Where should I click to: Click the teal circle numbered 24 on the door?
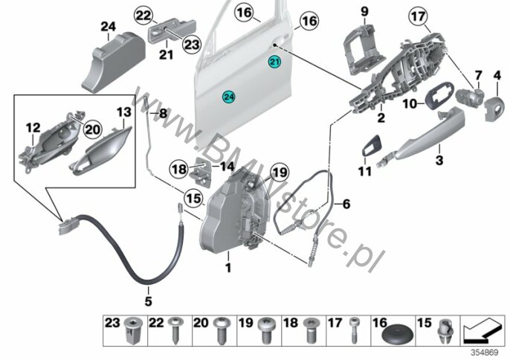(x=229, y=97)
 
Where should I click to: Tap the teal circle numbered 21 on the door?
(x=274, y=62)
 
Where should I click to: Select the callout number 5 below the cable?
(x=149, y=301)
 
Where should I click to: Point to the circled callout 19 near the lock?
(x=280, y=172)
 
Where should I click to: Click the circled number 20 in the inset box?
(x=92, y=129)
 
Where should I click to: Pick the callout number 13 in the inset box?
(x=124, y=112)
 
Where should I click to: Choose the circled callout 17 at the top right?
(x=419, y=16)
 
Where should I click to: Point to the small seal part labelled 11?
(x=371, y=146)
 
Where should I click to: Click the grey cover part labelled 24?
(x=113, y=62)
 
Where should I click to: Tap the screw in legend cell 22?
(x=175, y=330)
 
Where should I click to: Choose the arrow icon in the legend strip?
(x=482, y=330)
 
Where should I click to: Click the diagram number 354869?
(x=485, y=353)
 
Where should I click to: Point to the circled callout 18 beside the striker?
(x=179, y=169)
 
